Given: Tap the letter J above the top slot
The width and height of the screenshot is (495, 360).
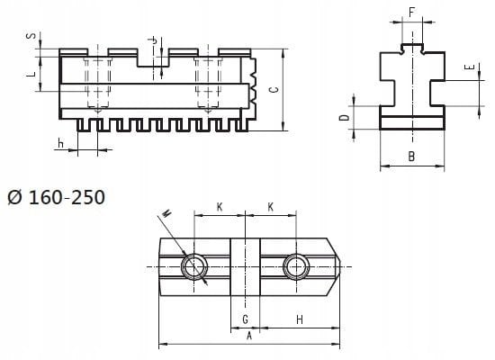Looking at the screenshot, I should [x=154, y=40].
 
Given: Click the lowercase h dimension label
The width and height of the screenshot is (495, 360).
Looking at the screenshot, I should [x=60, y=143].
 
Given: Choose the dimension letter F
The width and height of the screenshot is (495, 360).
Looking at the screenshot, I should [x=410, y=13].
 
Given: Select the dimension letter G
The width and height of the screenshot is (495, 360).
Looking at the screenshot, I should [x=245, y=319].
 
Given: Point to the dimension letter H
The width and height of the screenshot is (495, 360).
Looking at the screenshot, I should [x=298, y=319].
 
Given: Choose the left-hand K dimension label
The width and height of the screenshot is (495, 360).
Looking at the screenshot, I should [x=220, y=207].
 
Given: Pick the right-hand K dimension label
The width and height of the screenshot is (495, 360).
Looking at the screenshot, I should [x=270, y=207].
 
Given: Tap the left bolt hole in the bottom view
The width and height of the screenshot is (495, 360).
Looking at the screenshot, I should [x=193, y=266].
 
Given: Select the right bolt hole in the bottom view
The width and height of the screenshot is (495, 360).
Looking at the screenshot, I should [x=295, y=266].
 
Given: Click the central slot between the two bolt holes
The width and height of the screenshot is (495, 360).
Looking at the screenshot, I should [x=245, y=266].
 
